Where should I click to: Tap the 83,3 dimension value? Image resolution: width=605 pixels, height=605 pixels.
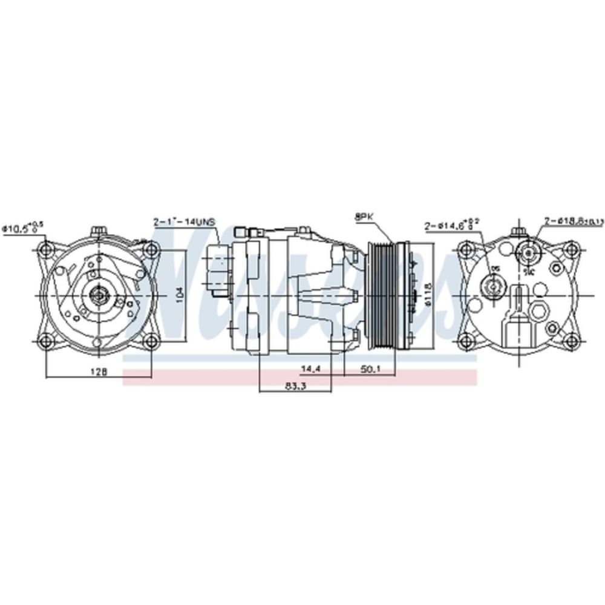(x=295, y=387)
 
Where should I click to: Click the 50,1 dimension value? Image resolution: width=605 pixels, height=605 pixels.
(x=370, y=368)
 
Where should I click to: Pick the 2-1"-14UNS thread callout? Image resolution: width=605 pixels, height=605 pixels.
(x=184, y=223)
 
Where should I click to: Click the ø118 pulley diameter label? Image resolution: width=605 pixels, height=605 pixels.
(x=427, y=295)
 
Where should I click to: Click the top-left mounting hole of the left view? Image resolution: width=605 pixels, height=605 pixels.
(x=46, y=249)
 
